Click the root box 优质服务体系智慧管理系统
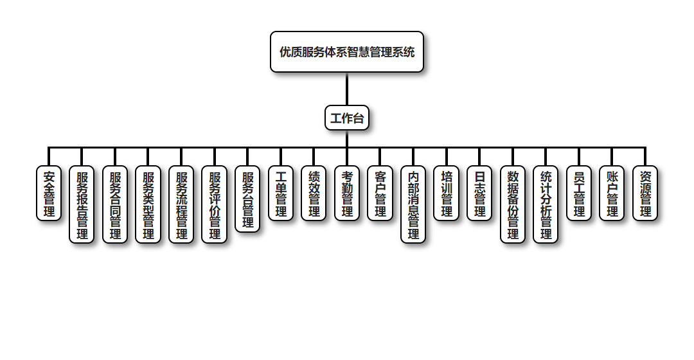(x=347, y=52)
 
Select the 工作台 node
(x=347, y=118)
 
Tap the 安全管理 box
(x=49, y=193)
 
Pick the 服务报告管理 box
(x=82, y=204)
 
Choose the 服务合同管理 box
(x=115, y=204)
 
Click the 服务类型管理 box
(x=148, y=204)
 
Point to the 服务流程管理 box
(x=181, y=204)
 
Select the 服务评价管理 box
(x=215, y=204)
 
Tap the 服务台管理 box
(x=247, y=199)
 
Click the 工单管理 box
(x=281, y=193)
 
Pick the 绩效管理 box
(x=314, y=193)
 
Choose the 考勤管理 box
(x=347, y=193)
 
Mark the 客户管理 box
(x=380, y=193)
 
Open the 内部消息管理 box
(x=413, y=204)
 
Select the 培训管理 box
(x=447, y=193)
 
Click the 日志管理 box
(x=479, y=193)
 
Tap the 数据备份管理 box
(x=513, y=204)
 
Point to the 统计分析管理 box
(x=546, y=204)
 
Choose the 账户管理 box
(x=612, y=193)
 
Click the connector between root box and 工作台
(x=347, y=89)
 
